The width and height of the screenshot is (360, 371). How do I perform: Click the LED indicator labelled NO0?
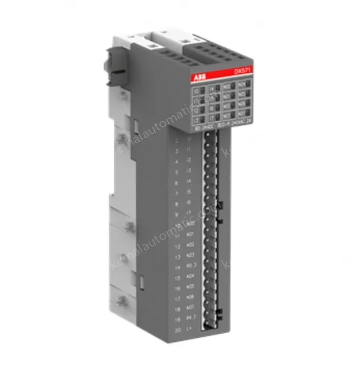(x=227, y=87)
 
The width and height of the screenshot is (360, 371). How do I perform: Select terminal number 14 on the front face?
(x=178, y=266)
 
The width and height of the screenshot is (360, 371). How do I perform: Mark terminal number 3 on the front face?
(x=178, y=151)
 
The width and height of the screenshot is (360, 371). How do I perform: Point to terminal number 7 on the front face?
(x=178, y=192)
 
